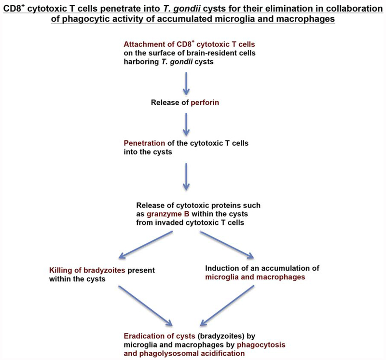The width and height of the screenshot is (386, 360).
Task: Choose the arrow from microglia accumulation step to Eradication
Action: click(x=227, y=305)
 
